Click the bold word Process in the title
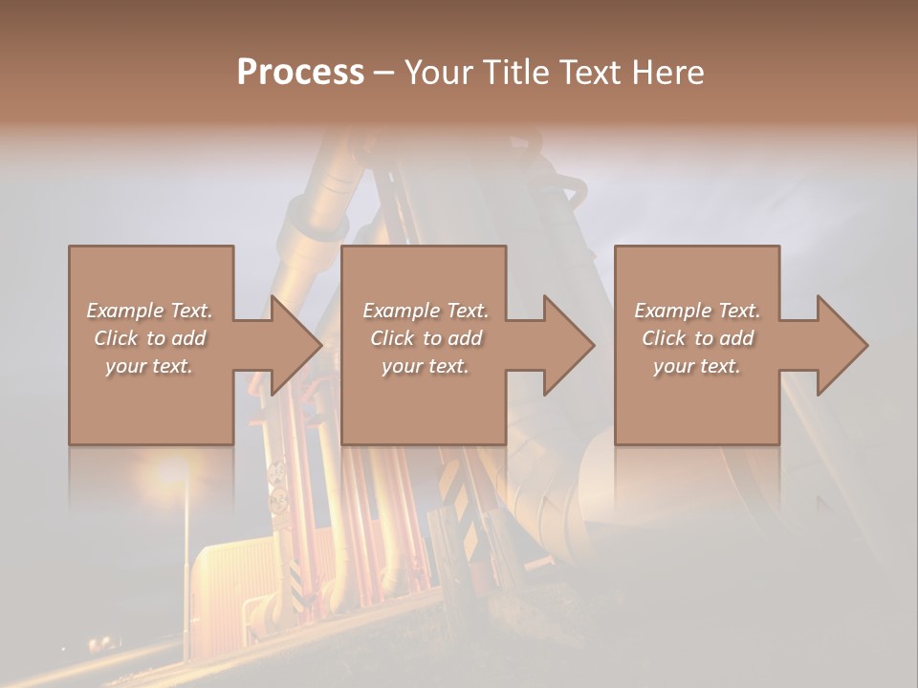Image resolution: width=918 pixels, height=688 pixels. pos(300,73)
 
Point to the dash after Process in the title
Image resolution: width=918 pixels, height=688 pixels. pos(383,74)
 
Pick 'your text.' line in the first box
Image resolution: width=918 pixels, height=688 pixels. pos(149,366)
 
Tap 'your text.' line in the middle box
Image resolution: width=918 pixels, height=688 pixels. pos(426,366)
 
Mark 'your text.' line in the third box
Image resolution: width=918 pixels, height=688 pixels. pos(697,366)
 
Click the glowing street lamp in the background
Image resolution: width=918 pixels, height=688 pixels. pos(172,471)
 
